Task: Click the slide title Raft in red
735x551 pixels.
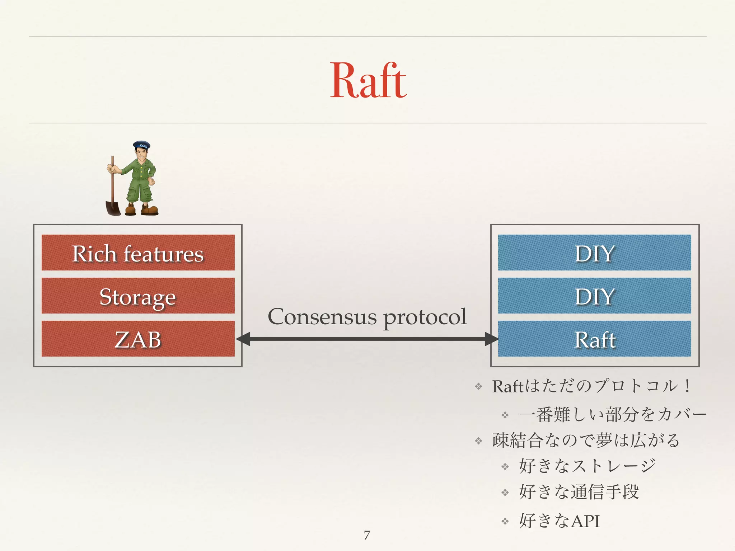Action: point(368,80)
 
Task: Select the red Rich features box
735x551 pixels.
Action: point(138,253)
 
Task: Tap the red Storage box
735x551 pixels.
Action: point(138,296)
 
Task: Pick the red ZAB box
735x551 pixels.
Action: point(138,339)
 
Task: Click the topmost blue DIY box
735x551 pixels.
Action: point(594,253)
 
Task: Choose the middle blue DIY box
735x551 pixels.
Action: point(594,296)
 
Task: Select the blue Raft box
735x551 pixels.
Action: point(594,339)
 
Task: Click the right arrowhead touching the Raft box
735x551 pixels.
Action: point(490,339)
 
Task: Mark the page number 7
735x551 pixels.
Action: point(367,535)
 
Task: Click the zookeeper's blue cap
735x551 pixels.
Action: point(142,145)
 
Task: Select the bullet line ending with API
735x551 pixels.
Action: point(559,521)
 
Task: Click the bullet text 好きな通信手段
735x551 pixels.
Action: point(579,492)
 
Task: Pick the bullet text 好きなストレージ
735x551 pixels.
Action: point(587,466)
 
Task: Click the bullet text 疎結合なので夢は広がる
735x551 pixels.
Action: point(586,440)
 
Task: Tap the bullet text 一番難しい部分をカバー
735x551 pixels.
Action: point(612,415)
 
